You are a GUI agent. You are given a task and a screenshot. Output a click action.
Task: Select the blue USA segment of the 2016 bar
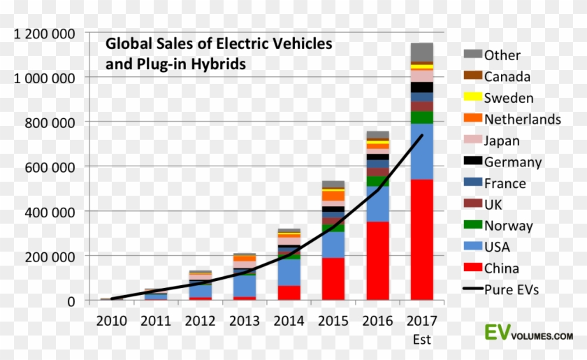pyautogui.click(x=378, y=203)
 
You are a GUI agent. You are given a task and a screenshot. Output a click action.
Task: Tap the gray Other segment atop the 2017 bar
pyautogui.click(x=421, y=52)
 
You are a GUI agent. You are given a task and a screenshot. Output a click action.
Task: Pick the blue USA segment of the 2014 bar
pyautogui.click(x=288, y=272)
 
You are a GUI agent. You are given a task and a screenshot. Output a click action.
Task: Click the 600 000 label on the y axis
pyautogui.click(x=50, y=166)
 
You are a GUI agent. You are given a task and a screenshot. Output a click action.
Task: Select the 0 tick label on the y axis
pyautogui.click(x=71, y=301)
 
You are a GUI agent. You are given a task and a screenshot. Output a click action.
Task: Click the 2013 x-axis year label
pyautogui.click(x=243, y=321)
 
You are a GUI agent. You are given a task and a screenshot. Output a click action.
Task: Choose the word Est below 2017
pyautogui.click(x=421, y=340)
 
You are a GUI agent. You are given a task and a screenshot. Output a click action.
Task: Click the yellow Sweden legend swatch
pyautogui.click(x=473, y=98)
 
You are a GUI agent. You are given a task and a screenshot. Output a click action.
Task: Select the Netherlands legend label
pyautogui.click(x=522, y=120)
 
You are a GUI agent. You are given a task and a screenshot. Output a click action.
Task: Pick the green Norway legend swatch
pyautogui.click(x=473, y=225)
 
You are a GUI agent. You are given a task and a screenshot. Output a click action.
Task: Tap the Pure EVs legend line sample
pyautogui.click(x=473, y=289)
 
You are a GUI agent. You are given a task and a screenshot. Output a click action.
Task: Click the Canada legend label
pyautogui.click(x=507, y=77)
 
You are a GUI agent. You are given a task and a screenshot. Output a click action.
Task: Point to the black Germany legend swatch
pyautogui.click(x=473, y=161)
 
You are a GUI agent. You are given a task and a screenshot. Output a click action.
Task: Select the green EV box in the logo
pyautogui.click(x=497, y=332)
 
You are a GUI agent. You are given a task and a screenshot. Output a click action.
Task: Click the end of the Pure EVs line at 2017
pyautogui.click(x=423, y=136)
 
